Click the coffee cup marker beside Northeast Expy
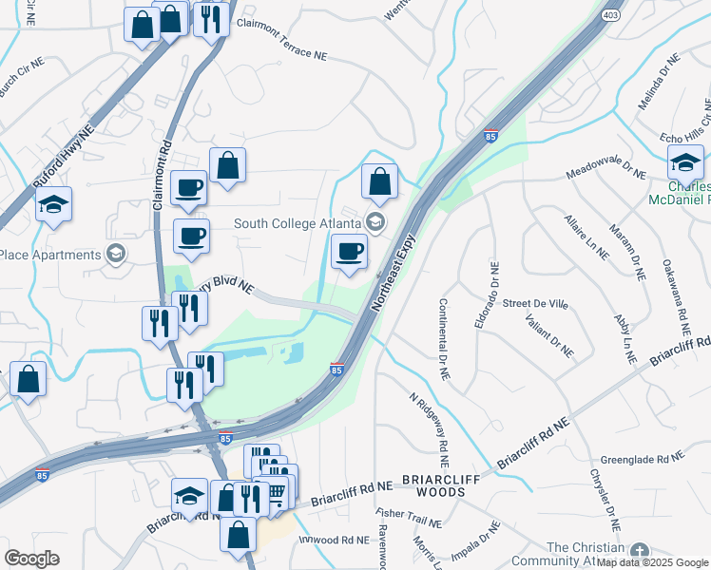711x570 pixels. (350, 253)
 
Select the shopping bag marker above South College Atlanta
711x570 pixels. (379, 181)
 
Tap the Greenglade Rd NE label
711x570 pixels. (642, 459)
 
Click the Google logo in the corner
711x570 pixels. (31, 559)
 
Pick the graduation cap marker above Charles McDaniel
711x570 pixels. (685, 163)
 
